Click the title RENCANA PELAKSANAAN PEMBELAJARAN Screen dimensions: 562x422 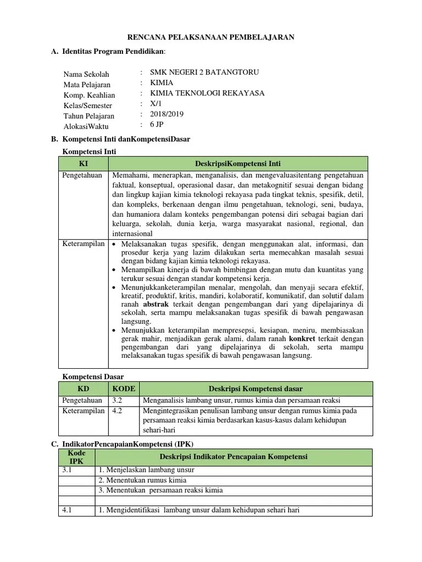pos(211,37)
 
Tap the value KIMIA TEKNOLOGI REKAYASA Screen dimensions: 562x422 pos(207,93)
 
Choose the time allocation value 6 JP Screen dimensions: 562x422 pos(157,125)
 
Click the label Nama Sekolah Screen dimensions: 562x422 pos(86,74)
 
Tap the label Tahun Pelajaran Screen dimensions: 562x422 pos(89,116)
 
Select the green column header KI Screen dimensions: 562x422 pos(84,163)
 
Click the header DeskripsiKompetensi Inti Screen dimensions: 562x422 pos(238,163)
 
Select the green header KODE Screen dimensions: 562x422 pos(124,389)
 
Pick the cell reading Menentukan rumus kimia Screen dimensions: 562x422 pos(143,480)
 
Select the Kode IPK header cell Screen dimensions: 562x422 pos(76,457)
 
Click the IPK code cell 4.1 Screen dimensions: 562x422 pos(68,510)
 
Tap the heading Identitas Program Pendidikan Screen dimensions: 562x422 pos(113,52)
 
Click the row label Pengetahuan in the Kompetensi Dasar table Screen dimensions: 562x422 pos(82,401)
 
